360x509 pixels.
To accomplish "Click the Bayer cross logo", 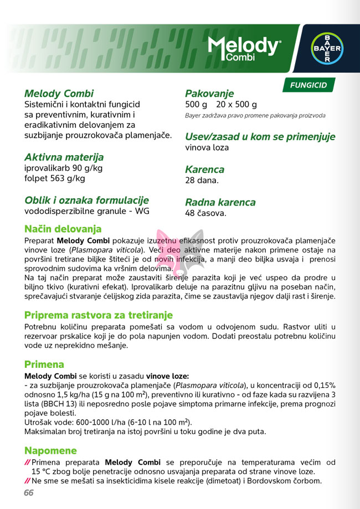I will (x=326, y=48).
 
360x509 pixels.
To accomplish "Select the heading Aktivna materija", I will (x=64, y=157).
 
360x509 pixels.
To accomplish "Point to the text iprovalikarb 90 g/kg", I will (x=63, y=168).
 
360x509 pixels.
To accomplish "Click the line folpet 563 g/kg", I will (x=55, y=178).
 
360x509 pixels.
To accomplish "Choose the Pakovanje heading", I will (x=209, y=94).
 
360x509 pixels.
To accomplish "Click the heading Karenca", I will (x=204, y=169).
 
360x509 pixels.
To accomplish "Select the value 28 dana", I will (x=202, y=181).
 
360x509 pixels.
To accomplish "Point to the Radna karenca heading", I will (x=220, y=202).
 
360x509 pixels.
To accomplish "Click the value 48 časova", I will (x=205, y=213).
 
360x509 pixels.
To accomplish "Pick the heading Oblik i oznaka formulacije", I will (x=86, y=200).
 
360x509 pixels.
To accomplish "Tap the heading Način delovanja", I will (x=63, y=229).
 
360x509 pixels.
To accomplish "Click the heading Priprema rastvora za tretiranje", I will (x=99, y=315).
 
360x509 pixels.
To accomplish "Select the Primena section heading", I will (x=44, y=364).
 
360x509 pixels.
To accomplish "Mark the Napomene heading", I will (x=50, y=450).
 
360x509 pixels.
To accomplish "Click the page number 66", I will (x=29, y=493).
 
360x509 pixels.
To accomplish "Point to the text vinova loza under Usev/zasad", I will (x=207, y=147).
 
